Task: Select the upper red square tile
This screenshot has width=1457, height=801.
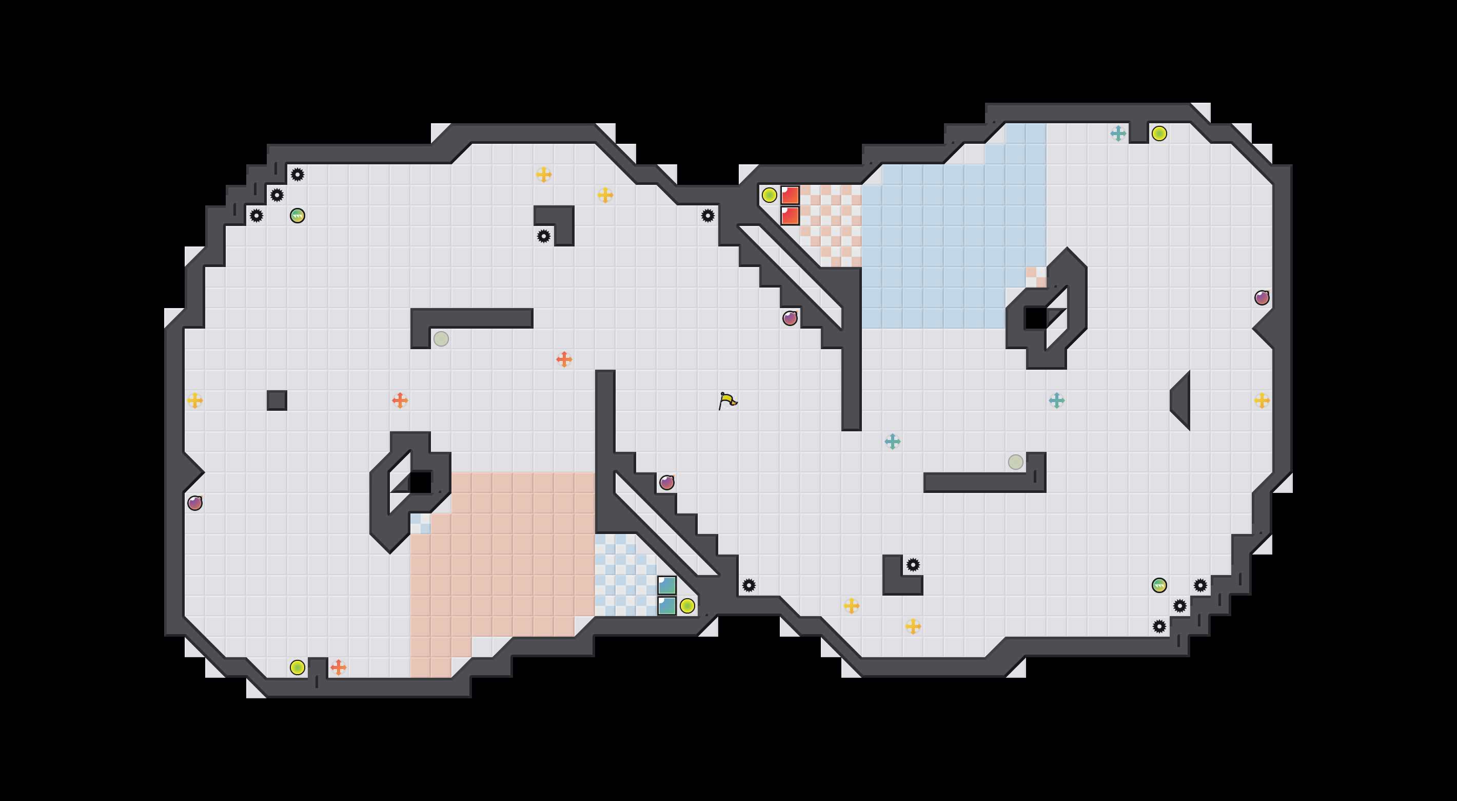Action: (x=790, y=195)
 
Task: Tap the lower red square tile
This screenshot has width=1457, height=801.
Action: (x=790, y=216)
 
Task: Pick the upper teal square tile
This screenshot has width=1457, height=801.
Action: (x=667, y=585)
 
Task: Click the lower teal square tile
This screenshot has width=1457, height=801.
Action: (x=667, y=606)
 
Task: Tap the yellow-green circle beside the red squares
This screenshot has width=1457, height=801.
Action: (x=769, y=195)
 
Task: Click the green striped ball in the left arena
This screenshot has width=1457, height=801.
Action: (x=298, y=216)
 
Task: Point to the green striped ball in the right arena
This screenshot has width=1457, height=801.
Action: (x=1159, y=585)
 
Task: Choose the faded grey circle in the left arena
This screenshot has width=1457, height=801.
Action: (x=441, y=339)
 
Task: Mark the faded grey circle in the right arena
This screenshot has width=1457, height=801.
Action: (x=1016, y=462)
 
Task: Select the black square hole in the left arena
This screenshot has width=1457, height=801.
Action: (x=420, y=483)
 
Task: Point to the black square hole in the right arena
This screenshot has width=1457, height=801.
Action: (x=1036, y=318)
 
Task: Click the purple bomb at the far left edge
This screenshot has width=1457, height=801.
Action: (x=195, y=503)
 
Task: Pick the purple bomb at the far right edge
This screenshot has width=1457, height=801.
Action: (x=1262, y=298)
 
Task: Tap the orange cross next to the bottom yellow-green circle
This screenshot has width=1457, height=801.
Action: (x=338, y=667)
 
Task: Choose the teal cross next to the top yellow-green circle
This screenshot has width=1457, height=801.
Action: (x=1118, y=133)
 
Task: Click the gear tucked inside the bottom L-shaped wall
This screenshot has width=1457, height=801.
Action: (x=913, y=564)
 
